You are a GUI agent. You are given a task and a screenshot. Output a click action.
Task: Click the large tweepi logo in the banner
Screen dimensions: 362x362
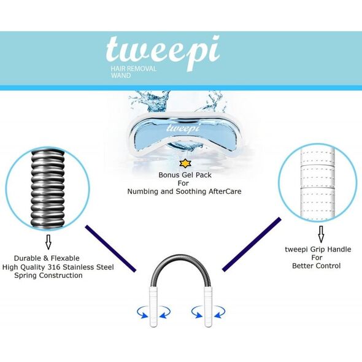tap(163, 52)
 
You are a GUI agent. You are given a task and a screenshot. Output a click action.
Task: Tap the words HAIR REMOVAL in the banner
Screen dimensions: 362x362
tap(133, 69)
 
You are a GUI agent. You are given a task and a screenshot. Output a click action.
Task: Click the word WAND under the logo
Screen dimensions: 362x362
tap(120, 75)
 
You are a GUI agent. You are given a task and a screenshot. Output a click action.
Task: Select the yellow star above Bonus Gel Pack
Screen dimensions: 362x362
tap(186, 163)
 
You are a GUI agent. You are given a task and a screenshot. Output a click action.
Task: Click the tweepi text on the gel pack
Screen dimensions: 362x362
tap(183, 128)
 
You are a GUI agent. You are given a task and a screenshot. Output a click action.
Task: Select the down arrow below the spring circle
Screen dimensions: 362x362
tap(48, 242)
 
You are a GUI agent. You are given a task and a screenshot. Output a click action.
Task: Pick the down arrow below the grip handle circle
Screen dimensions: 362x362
tap(321, 234)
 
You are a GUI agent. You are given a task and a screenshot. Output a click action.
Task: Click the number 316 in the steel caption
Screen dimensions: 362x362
tap(54, 267)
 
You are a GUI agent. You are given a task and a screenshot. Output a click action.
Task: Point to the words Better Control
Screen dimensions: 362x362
tap(316, 266)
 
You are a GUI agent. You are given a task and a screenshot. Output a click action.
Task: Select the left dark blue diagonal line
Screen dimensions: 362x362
tap(110, 248)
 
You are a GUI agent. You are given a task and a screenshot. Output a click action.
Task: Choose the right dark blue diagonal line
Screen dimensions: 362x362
tap(252, 244)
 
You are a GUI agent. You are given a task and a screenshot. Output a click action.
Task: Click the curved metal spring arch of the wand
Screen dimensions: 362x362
tap(180, 265)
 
